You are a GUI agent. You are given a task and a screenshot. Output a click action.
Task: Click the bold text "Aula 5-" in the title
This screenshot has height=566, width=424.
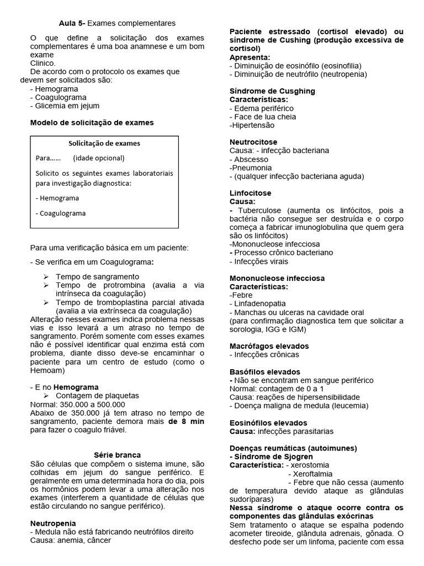[x=72, y=23]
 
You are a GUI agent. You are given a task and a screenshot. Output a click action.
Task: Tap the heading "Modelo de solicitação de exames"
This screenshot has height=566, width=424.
[x=92, y=123]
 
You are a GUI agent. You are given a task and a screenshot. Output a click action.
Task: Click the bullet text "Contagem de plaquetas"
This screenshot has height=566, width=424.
[x=97, y=396]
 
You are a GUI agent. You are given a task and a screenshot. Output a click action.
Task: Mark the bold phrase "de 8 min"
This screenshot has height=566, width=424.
[x=187, y=421]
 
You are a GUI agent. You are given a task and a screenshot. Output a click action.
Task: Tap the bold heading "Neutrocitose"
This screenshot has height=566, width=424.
[x=253, y=142]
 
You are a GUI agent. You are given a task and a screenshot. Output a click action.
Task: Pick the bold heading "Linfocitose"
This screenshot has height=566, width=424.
[x=250, y=193]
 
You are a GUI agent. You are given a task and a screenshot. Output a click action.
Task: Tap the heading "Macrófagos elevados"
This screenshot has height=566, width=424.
[x=269, y=346]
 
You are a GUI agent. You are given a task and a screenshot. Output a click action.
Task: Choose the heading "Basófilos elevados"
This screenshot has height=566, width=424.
[x=264, y=372]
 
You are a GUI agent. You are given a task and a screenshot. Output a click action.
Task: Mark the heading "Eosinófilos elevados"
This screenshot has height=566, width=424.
[x=269, y=423]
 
